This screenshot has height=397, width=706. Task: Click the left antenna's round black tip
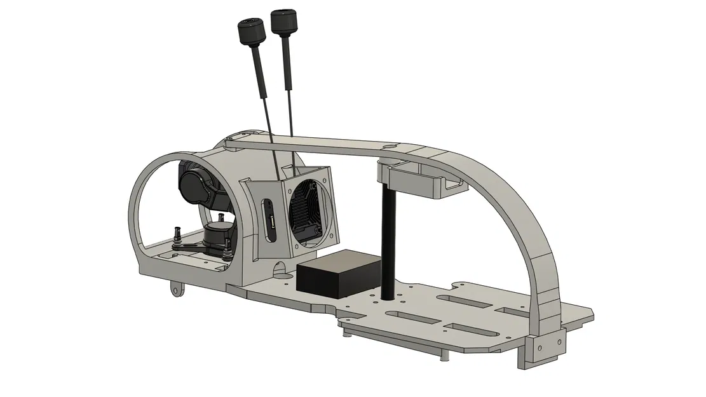click(x=250, y=30)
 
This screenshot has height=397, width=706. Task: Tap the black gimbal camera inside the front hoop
click(x=200, y=184)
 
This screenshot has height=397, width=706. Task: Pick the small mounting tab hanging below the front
click(x=176, y=290)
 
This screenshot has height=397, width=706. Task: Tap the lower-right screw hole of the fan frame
click(x=332, y=238)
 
